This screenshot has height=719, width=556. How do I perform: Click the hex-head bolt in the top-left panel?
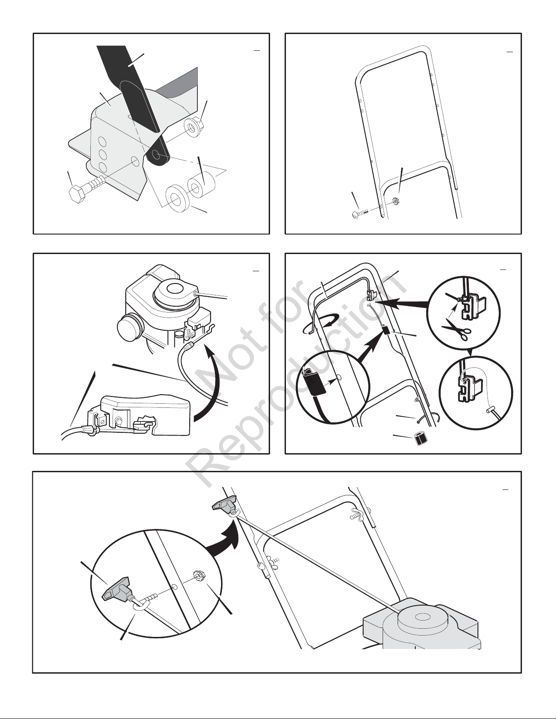86,189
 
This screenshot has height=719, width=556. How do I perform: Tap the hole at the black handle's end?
156,155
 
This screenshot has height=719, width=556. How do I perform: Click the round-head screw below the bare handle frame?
359,213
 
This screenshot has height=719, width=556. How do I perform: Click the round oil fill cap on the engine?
130,325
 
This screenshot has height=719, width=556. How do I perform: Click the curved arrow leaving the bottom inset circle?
225,540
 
